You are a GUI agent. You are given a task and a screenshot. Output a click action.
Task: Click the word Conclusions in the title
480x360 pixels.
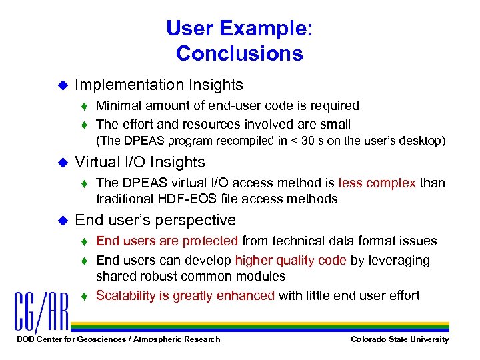pos(239,53)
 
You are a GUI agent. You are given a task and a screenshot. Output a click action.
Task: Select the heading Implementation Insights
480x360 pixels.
pos(159,85)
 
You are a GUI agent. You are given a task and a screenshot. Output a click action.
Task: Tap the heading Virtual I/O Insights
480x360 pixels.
pos(140,162)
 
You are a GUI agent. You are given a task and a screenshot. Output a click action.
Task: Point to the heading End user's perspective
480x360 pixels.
pos(155,220)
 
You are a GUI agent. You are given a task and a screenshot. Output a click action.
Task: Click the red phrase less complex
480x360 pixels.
pos(377,183)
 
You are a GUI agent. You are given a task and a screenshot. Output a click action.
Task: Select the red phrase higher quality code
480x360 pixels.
pos(291,260)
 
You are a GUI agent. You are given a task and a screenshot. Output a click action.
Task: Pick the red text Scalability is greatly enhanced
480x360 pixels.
pos(185,295)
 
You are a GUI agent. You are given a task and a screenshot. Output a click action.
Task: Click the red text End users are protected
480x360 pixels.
pos(167,241)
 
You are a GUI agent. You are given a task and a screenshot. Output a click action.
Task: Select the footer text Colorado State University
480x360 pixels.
pos(400,339)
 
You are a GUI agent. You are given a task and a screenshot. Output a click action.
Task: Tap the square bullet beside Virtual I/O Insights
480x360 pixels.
pos(64,163)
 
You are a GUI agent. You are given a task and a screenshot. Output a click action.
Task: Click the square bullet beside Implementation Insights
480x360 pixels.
pos(64,85)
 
